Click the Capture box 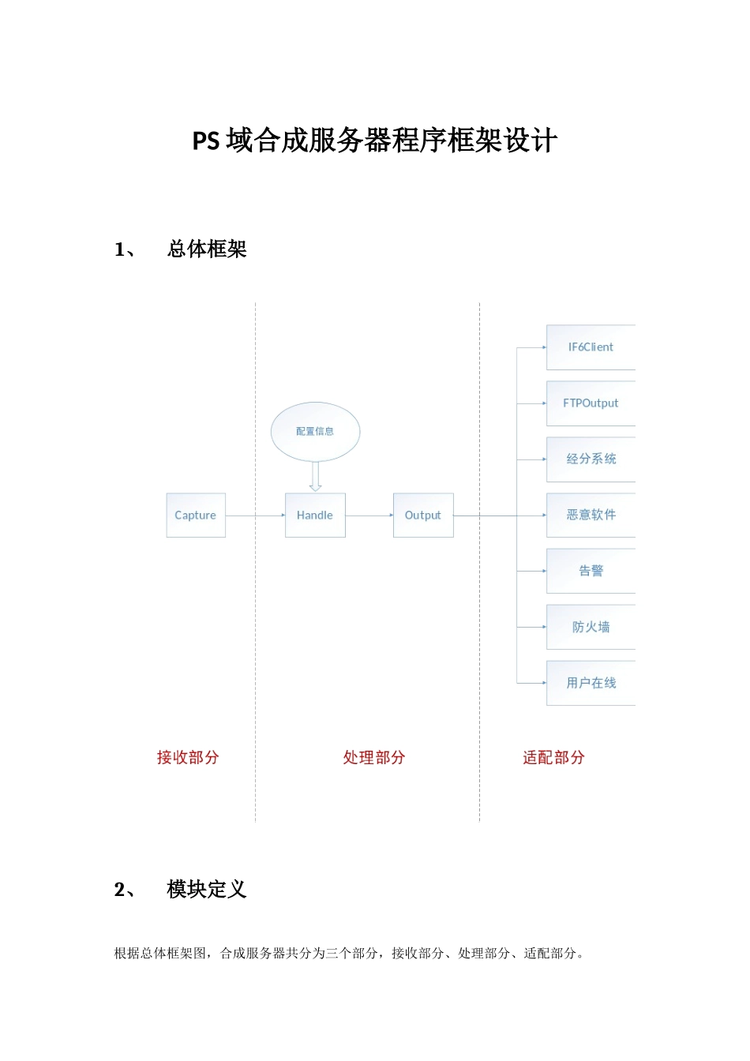tap(196, 516)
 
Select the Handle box tap(315, 516)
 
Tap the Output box tap(423, 516)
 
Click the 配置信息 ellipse tap(315, 431)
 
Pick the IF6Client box tap(591, 347)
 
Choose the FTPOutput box tap(591, 403)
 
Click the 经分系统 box tap(591, 459)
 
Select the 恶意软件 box tap(591, 516)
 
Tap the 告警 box tap(591, 571)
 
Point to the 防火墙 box tap(591, 627)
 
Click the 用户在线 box tap(591, 683)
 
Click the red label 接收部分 tap(188, 758)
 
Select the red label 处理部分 tap(374, 758)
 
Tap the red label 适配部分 tap(553, 758)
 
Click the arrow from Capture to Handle tap(255, 516)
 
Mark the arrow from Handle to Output tap(369, 516)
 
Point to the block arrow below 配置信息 tap(316, 477)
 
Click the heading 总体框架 tap(207, 249)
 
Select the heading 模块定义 tap(207, 890)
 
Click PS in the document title tap(206, 141)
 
